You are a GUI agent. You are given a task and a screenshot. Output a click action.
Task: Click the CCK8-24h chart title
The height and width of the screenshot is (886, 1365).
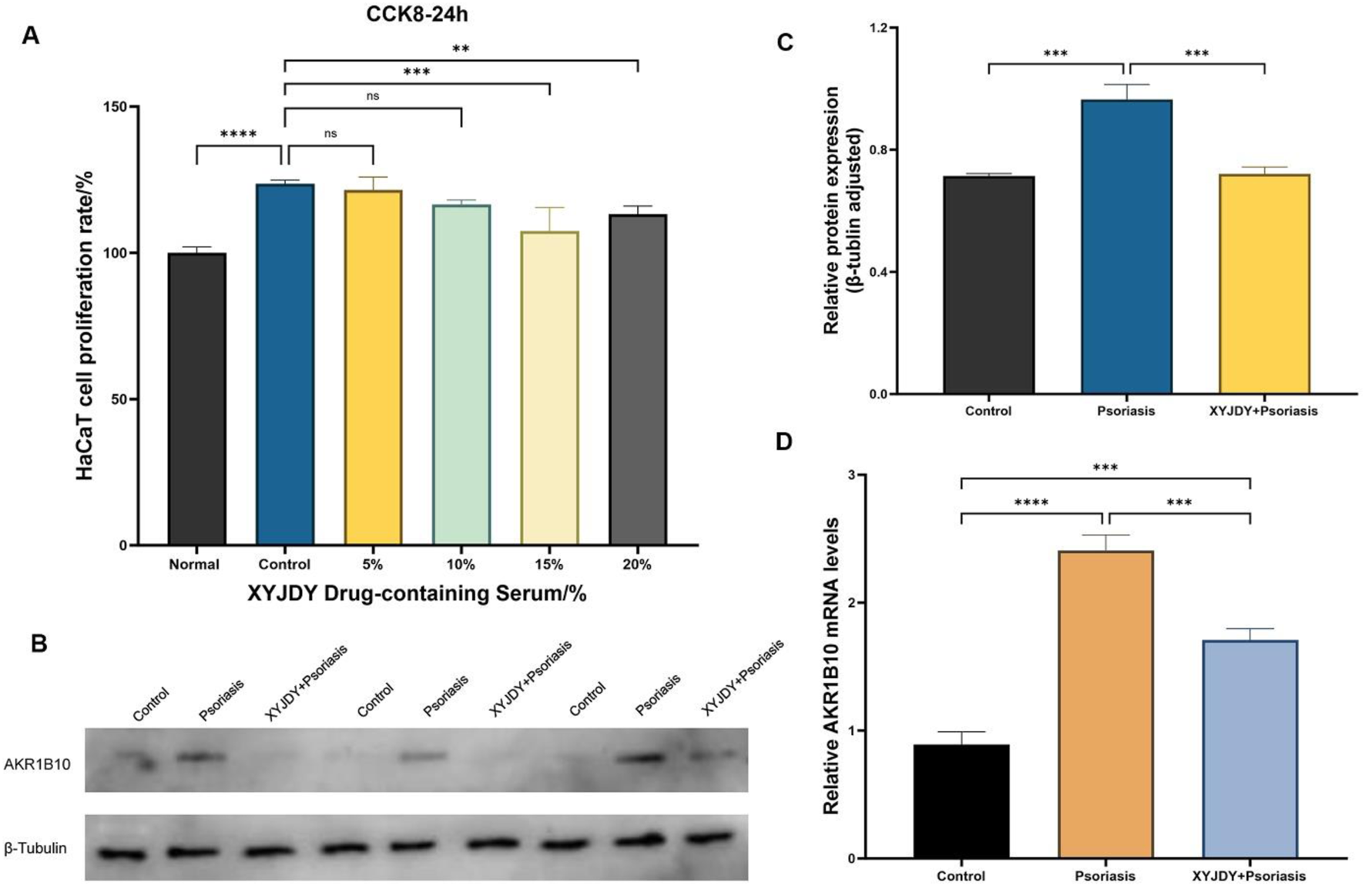click(x=416, y=14)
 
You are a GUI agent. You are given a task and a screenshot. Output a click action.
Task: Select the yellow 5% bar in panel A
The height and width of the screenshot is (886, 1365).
click(x=373, y=368)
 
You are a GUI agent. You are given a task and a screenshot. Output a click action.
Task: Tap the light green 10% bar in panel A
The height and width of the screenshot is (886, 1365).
click(x=461, y=375)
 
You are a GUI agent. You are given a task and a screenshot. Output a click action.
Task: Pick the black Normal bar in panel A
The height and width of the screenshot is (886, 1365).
click(x=196, y=399)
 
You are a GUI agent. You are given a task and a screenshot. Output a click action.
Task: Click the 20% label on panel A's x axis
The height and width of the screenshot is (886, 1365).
click(x=637, y=565)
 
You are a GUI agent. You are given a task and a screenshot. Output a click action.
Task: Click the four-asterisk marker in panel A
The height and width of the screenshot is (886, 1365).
click(x=238, y=135)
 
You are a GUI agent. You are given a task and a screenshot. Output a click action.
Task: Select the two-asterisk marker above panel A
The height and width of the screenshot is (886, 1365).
click(x=461, y=49)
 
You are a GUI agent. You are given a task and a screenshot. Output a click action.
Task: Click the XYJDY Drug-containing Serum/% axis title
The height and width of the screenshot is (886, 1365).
click(x=417, y=594)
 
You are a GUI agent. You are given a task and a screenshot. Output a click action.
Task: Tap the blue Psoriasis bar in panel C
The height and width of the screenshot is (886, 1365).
click(x=1126, y=247)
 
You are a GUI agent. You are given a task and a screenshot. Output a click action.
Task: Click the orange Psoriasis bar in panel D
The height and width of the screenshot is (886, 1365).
click(x=1105, y=704)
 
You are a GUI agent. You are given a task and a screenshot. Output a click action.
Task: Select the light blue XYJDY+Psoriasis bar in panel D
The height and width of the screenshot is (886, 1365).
click(x=1249, y=749)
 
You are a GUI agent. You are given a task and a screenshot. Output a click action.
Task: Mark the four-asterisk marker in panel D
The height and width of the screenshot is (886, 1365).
click(x=1031, y=503)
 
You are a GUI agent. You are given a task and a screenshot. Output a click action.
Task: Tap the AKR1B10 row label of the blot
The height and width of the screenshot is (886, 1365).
click(x=37, y=764)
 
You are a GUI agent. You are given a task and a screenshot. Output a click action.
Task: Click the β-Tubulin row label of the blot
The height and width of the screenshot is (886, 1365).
click(x=35, y=848)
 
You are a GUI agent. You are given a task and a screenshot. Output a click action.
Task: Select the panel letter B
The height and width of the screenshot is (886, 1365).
click(x=39, y=643)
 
